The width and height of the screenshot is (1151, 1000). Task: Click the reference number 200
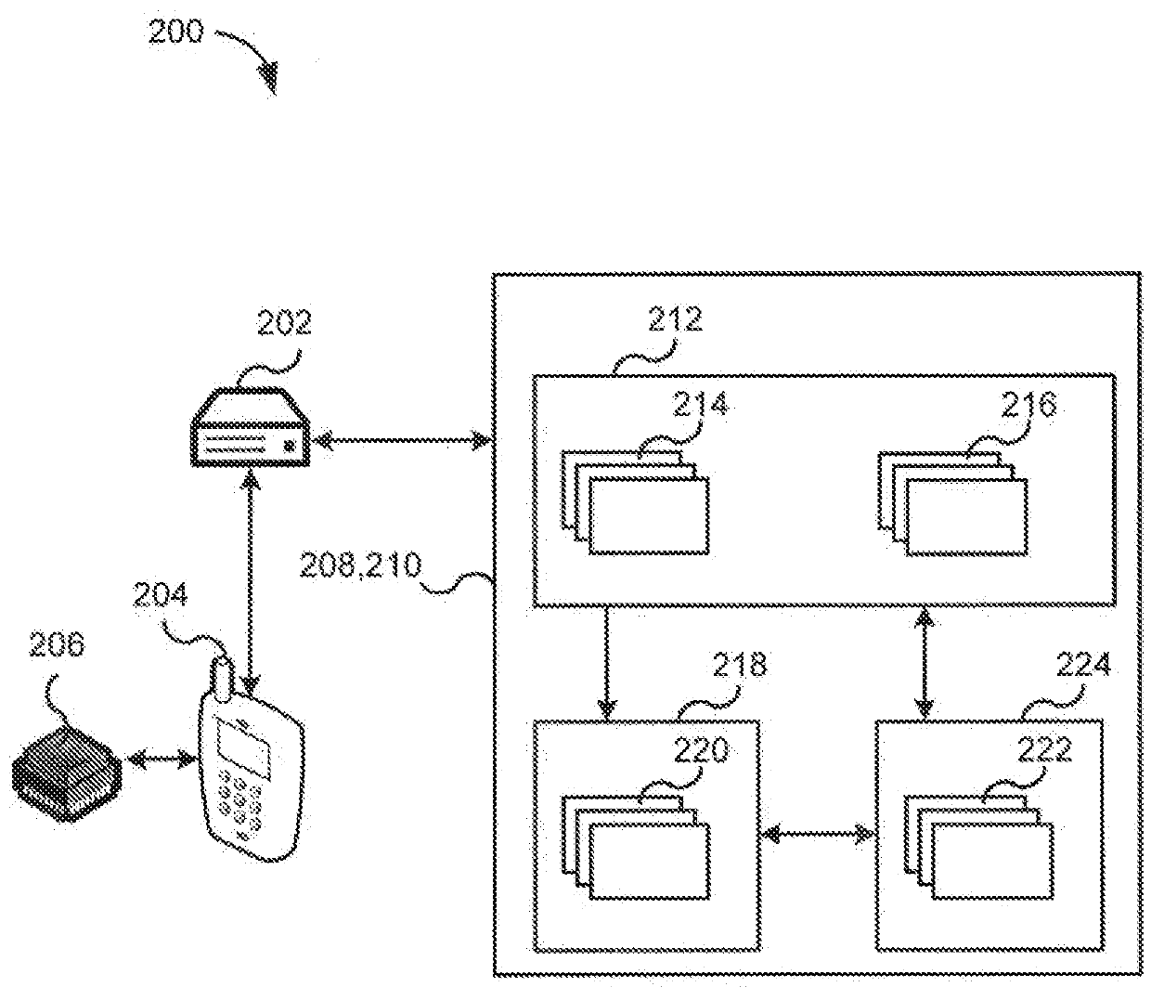[175, 32]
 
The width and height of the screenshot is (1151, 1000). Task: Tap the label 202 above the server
[284, 322]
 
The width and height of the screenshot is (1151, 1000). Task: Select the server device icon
[251, 427]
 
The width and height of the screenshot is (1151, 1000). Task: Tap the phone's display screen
[243, 747]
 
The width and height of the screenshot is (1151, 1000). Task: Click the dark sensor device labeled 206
[67, 773]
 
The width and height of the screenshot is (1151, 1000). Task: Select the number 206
[57, 644]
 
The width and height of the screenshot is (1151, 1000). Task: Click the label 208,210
[360, 565]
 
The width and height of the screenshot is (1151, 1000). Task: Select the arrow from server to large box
[402, 440]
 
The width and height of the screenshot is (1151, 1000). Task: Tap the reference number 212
[675, 319]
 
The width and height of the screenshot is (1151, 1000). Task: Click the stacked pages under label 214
[635, 502]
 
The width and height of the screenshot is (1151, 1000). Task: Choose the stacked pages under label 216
[953, 503]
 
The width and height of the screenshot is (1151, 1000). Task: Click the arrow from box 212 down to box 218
[606, 663]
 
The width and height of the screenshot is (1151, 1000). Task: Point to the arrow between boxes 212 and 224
[925, 663]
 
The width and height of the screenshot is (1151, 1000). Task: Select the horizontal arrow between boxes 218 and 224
[818, 834]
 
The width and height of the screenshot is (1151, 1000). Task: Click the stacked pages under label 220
[636, 848]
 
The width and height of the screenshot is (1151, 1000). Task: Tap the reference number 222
[1044, 750]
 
